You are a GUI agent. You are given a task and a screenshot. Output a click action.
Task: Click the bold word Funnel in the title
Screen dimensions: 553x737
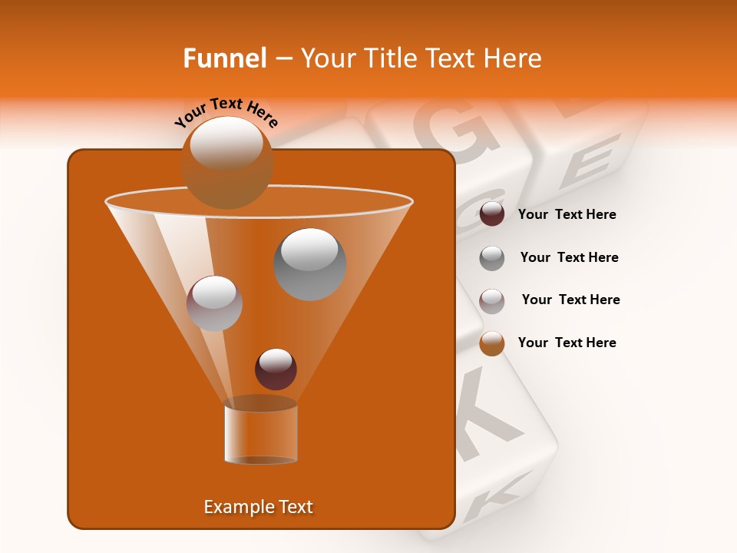(225, 58)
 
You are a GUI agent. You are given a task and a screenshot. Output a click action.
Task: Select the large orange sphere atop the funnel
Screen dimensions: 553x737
(226, 162)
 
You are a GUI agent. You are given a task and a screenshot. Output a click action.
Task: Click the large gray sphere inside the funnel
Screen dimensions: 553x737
(310, 264)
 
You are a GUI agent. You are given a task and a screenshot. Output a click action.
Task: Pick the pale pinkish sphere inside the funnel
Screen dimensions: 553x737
(214, 303)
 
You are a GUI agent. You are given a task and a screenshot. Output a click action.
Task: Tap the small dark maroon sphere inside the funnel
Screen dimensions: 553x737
(276, 369)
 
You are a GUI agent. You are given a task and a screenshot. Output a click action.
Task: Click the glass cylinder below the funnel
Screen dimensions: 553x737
(261, 434)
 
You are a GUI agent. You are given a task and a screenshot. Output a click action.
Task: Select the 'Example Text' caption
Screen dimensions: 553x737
(259, 507)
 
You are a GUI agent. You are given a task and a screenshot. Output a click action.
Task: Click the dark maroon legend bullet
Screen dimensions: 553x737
(492, 214)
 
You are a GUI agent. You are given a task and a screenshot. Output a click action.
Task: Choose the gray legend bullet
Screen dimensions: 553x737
(492, 257)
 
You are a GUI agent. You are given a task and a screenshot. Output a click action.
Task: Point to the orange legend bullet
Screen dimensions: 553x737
(492, 343)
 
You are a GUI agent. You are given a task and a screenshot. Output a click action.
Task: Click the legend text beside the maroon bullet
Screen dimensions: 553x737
(567, 215)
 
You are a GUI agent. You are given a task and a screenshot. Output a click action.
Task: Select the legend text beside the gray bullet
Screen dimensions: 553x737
(570, 258)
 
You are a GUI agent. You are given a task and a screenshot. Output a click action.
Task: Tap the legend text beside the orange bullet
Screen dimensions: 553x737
(567, 343)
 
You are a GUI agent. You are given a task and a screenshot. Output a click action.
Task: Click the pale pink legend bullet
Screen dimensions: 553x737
(492, 300)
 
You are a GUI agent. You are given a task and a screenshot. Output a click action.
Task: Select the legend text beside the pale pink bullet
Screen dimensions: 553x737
(571, 300)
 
